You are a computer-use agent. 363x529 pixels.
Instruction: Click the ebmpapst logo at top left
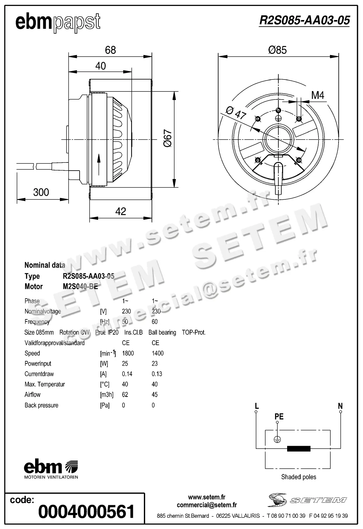pos(58,23)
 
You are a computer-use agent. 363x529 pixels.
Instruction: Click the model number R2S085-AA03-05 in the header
pos(304,20)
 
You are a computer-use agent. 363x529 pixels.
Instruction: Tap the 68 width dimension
pos(110,50)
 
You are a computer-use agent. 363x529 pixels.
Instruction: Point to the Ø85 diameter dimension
pos(277,50)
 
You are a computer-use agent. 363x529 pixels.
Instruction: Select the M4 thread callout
pos(318,95)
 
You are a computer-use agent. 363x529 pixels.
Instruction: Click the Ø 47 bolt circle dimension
pos(235,113)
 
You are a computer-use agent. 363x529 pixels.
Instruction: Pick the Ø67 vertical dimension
pos(168,138)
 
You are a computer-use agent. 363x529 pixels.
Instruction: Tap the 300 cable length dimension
pos(41,192)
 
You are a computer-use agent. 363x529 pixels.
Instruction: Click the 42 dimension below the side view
pos(120,212)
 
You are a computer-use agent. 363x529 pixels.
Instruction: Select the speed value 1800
pos(128,353)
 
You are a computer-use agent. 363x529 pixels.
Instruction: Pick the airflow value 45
pos(155,395)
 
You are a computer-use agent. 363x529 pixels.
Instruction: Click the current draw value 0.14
pos(127,374)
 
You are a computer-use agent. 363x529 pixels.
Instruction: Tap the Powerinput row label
pos(38,364)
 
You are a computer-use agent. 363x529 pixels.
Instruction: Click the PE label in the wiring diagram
pos(279,417)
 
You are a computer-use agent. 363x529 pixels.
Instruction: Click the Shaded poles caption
pos(298,477)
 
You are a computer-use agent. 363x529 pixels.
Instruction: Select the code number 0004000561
pos(86,511)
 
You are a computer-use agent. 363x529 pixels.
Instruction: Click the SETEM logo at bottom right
pos(307,500)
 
